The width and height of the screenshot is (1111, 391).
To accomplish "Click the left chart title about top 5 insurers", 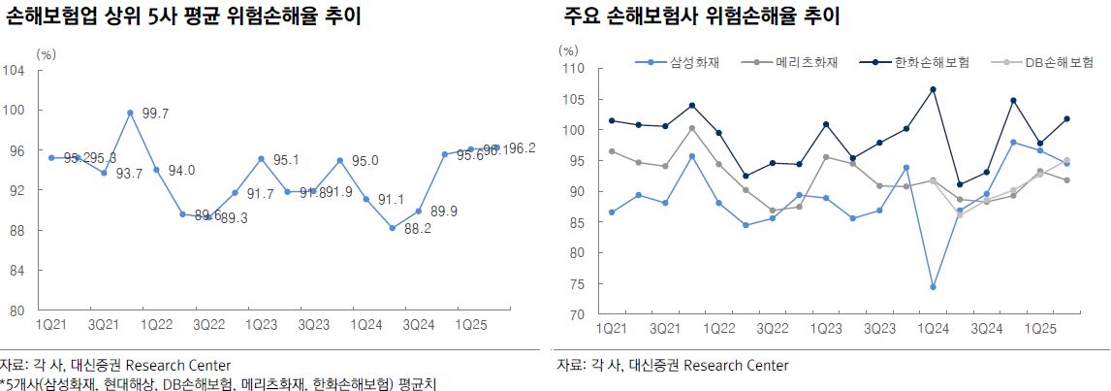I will pyautogui.click(x=184, y=17).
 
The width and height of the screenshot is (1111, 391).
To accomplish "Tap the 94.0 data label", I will pyautogui.click(x=180, y=171).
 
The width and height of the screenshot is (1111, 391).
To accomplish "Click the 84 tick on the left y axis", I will pyautogui.click(x=16, y=271).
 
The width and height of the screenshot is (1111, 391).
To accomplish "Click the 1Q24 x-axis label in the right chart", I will pyautogui.click(x=934, y=330).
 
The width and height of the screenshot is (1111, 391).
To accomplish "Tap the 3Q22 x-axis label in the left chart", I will pyautogui.click(x=208, y=322).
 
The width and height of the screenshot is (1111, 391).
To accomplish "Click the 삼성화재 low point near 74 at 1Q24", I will pyautogui.click(x=933, y=287).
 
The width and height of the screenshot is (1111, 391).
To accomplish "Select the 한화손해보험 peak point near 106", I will pyautogui.click(x=933, y=89).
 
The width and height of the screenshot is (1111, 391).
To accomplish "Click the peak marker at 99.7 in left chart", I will pyautogui.click(x=130, y=113).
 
